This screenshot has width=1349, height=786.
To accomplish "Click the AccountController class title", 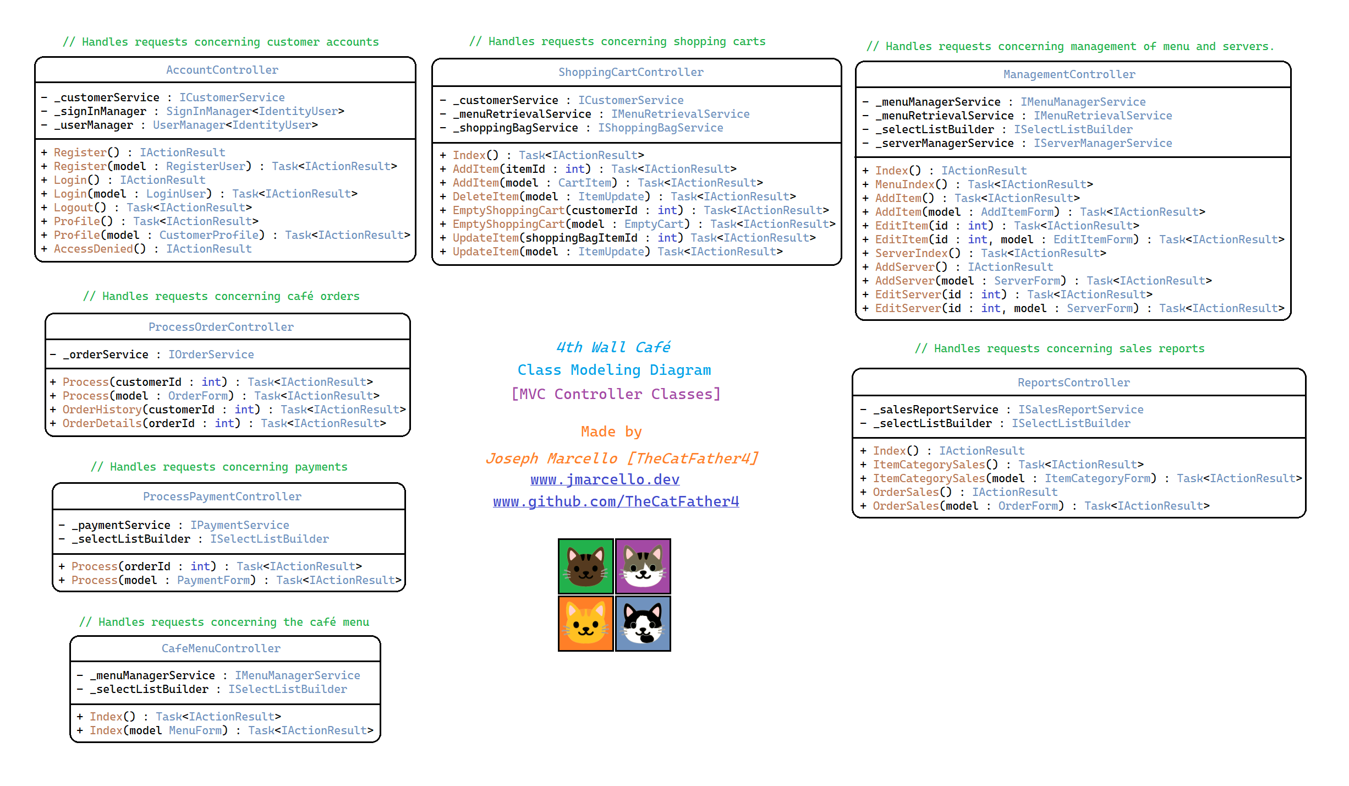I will (x=222, y=70).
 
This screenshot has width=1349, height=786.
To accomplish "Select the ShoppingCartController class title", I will (x=630, y=72).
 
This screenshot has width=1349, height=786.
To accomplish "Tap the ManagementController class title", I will (x=1069, y=74).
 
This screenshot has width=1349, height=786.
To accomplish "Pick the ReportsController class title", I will (x=1073, y=383).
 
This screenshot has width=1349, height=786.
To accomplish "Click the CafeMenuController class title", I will (x=221, y=648).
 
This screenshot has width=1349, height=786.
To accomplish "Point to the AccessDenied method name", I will (x=94, y=249).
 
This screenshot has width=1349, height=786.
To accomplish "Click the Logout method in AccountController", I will (x=74, y=208).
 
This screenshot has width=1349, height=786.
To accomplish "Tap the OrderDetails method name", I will (x=102, y=423).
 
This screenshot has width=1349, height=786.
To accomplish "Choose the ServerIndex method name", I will (x=911, y=253).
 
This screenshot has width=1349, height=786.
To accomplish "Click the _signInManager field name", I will (x=100, y=111).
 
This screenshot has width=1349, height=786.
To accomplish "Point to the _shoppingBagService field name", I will (x=516, y=128).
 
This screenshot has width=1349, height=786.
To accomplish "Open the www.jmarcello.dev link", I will (x=605, y=479).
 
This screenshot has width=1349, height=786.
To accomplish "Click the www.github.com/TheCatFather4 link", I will (x=616, y=501).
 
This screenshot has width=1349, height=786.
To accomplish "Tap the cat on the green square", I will (x=585, y=566).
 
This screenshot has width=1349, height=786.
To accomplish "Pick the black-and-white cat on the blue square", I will (x=643, y=624).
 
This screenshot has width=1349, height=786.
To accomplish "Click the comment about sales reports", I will (x=1059, y=348).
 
